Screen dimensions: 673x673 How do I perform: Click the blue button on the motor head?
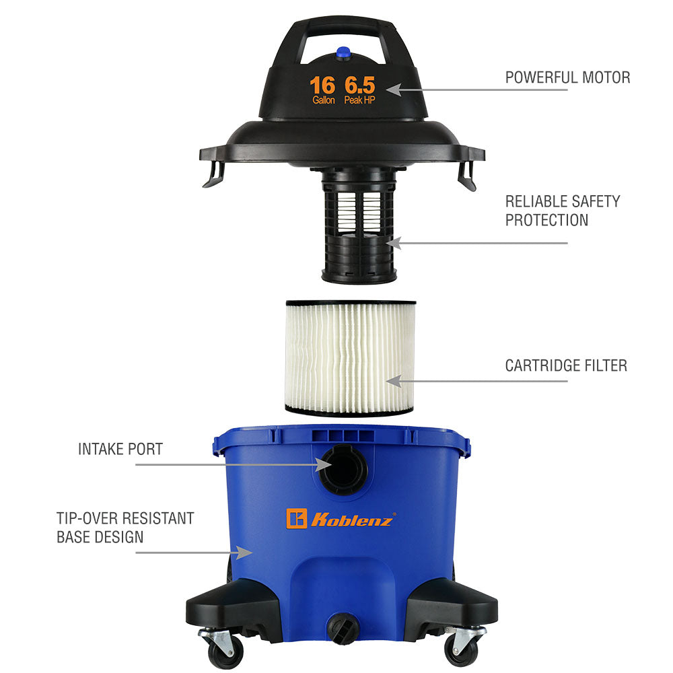pos(343,53)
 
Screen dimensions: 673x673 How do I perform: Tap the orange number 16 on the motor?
pos(322,85)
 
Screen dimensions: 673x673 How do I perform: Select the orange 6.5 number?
pos(359,85)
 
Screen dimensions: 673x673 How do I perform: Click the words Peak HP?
pos(359,100)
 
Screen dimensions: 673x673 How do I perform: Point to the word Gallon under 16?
pos(323,100)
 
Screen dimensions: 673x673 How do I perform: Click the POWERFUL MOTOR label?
pos(567,77)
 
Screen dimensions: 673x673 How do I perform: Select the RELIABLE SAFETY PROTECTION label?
pos(562,211)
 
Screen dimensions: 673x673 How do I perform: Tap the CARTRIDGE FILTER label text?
pos(566,365)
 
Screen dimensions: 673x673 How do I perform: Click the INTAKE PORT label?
pos(120,450)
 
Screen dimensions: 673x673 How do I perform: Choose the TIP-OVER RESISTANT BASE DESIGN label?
pos(125,528)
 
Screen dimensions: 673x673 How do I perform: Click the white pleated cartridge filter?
pos(350,358)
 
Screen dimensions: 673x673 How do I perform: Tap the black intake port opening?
pos(345,470)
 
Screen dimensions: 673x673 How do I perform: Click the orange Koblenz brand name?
pos(351,520)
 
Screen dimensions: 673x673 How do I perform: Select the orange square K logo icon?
pos(297,518)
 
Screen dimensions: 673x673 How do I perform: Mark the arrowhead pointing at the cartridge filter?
pos(394,381)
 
